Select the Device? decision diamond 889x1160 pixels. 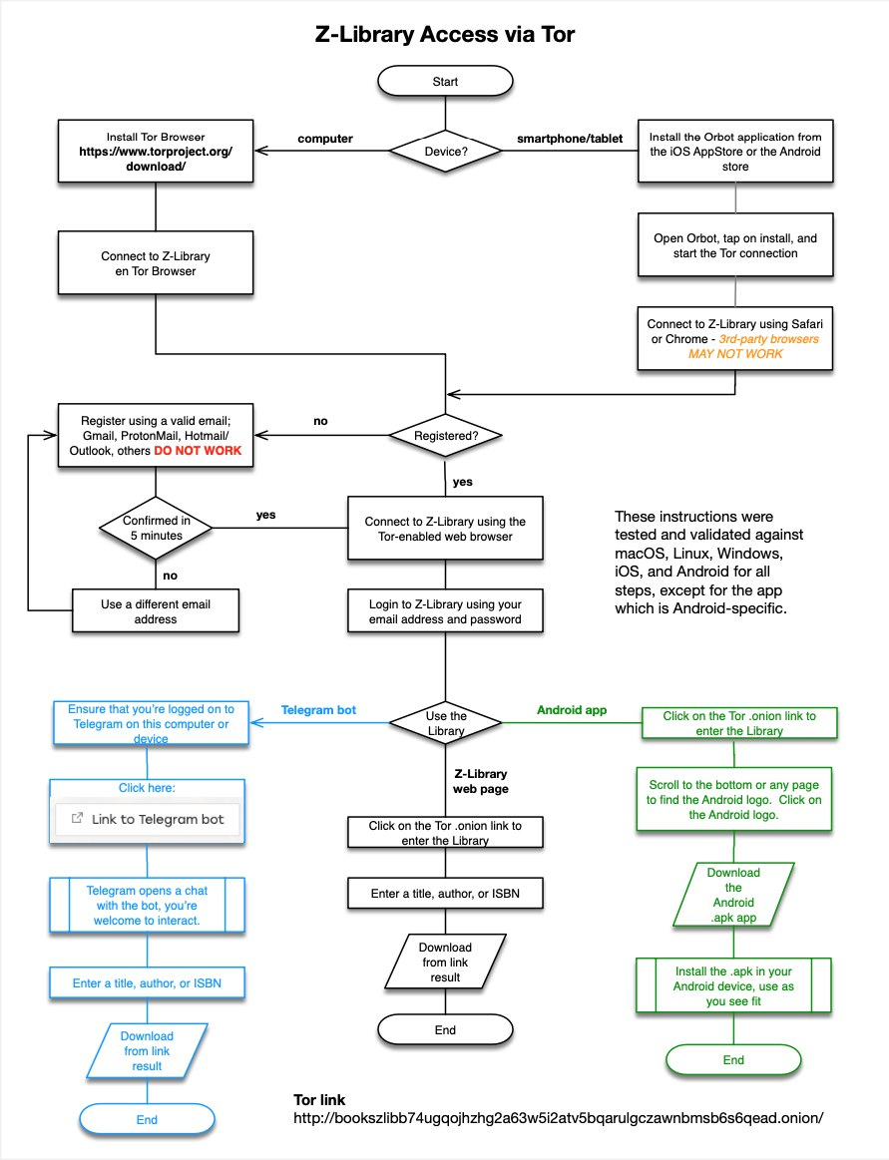click(445, 153)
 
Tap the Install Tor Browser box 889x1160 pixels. click(156, 152)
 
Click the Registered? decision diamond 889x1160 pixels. click(445, 436)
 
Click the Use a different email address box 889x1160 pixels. click(156, 609)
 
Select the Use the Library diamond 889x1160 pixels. click(445, 723)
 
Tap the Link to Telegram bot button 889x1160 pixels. click(147, 819)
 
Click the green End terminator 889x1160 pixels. click(732, 1059)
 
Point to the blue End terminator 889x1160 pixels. click(147, 1120)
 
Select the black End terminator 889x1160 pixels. click(445, 1029)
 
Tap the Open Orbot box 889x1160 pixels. click(734, 245)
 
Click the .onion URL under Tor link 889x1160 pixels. click(559, 1117)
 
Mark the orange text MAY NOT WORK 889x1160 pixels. click(734, 354)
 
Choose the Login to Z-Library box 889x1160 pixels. click(445, 611)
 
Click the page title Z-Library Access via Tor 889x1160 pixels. click(445, 35)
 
